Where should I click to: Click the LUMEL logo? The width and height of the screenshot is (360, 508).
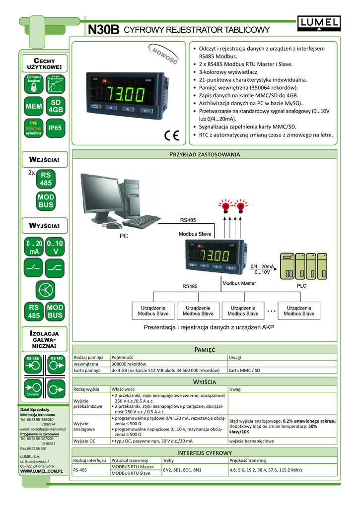pos(319,22)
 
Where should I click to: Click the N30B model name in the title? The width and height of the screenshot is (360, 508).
pos(103,31)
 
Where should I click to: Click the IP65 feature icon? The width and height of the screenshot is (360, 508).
pos(55,128)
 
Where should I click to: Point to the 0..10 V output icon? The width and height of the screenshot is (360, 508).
pos(55,247)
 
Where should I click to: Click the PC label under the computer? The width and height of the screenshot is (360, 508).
pos(124,236)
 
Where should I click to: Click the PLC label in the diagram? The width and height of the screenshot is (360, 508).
pos(302,286)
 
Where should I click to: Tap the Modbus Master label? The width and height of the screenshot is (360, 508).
pos(239,283)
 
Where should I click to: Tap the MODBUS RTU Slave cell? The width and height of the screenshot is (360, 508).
pos(132,473)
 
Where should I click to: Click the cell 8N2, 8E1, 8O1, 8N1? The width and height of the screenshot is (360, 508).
pos(182,470)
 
